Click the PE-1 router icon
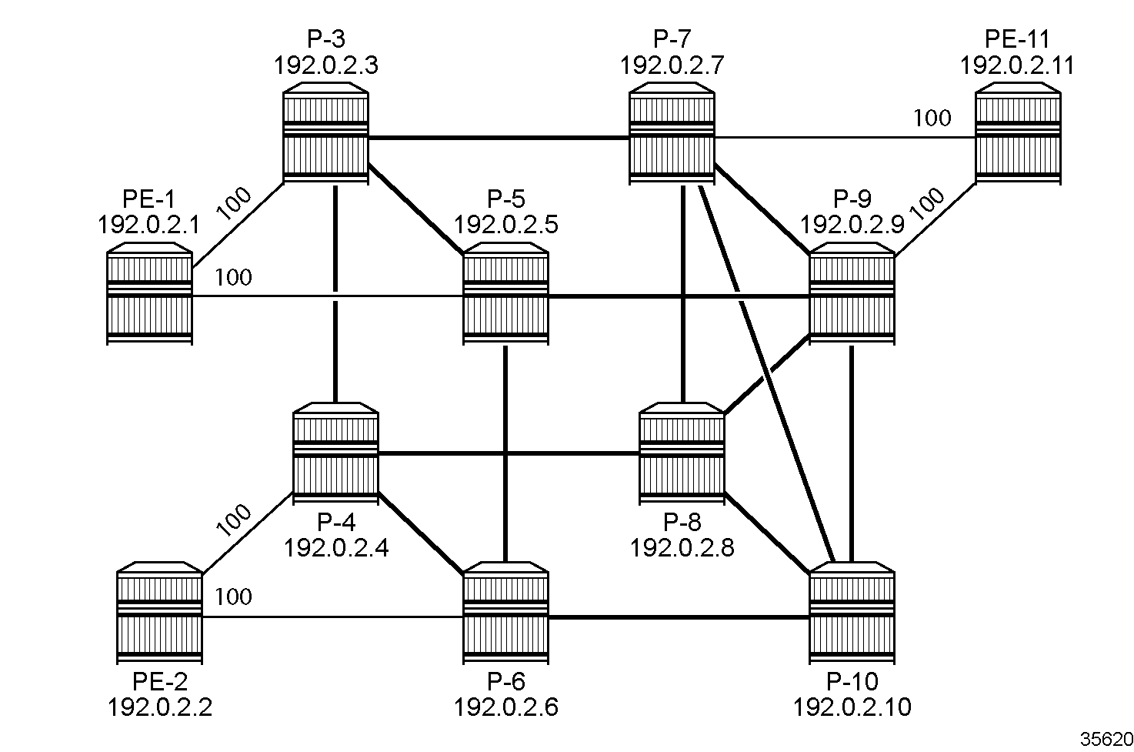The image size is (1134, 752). pyautogui.click(x=148, y=296)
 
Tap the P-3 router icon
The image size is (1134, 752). pyautogui.click(x=325, y=137)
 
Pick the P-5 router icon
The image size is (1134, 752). pyautogui.click(x=505, y=296)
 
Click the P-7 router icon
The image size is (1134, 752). pyautogui.click(x=672, y=137)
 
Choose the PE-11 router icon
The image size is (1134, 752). pyautogui.click(x=1018, y=137)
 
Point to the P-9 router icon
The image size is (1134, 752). pyautogui.click(x=852, y=296)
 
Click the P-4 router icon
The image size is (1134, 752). pyautogui.click(x=335, y=454)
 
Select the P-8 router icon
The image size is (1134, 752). pyautogui.click(x=682, y=454)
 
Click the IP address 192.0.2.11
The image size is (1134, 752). pyautogui.click(x=1016, y=65)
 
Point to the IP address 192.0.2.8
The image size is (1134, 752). pyautogui.click(x=682, y=547)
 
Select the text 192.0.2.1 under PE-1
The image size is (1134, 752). pyautogui.click(x=149, y=225)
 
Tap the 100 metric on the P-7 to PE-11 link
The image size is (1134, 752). pyautogui.click(x=932, y=118)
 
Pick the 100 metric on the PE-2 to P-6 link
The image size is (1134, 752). pyautogui.click(x=234, y=597)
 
